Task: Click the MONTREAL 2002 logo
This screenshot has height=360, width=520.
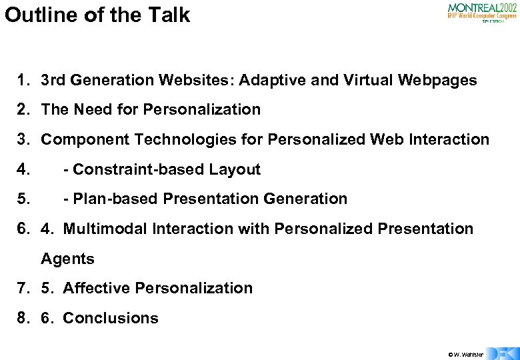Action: coord(481,12)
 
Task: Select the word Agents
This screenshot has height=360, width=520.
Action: coord(68,259)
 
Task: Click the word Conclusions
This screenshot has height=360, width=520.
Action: coord(111,318)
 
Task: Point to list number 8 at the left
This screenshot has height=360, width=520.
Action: coord(23,318)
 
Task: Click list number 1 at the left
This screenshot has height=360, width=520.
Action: coord(23,81)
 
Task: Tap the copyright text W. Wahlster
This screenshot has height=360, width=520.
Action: coord(466,354)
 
